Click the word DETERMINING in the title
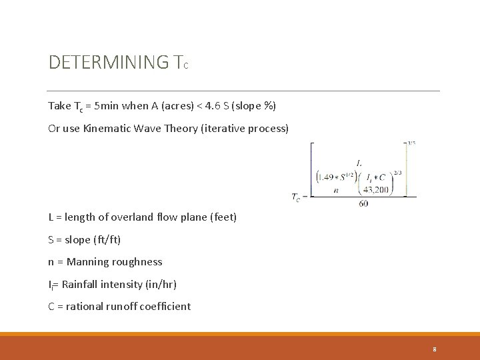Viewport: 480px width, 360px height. coord(109,63)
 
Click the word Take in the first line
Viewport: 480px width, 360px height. coord(59,106)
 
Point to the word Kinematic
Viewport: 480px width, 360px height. coord(109,128)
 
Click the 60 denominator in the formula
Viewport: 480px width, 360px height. coord(363,203)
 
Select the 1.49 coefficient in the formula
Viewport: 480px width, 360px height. coord(329,177)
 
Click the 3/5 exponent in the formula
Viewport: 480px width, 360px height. coord(411,142)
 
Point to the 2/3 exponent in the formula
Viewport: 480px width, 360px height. coord(397,173)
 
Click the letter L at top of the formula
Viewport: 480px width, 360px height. coord(359,163)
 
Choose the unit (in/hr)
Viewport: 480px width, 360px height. coord(161,284)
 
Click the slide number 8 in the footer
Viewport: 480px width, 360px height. coord(435,349)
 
